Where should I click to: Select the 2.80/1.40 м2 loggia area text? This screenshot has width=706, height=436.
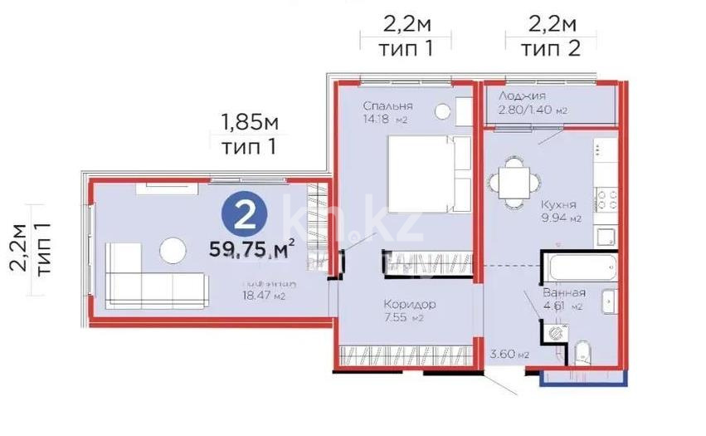pos(532,110)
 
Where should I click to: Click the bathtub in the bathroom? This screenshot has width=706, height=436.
pos(578,267)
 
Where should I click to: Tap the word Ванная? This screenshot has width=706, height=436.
pos(564,293)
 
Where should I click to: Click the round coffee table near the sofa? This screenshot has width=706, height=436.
pos(173,249)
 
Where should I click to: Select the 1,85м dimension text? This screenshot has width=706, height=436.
pos(248,125)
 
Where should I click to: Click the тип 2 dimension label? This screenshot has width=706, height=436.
pos(549,48)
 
